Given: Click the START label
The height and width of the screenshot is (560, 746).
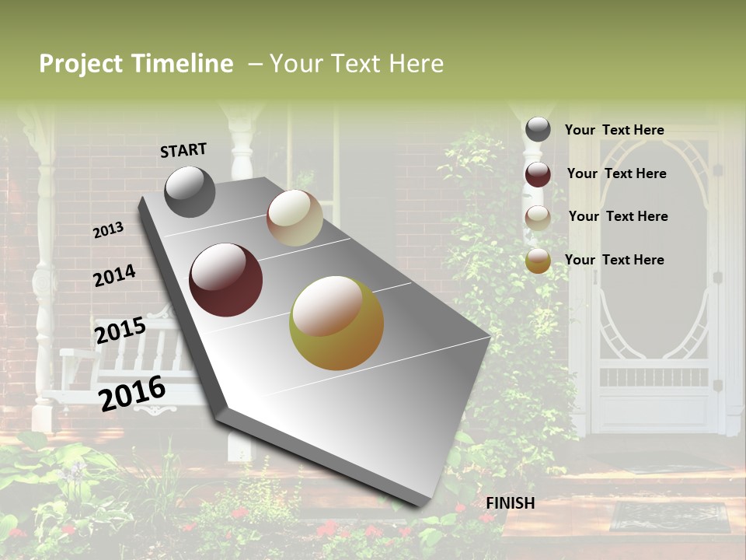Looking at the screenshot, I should pyautogui.click(x=183, y=150).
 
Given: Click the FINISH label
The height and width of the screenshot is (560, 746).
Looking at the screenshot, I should pyautogui.click(x=510, y=503).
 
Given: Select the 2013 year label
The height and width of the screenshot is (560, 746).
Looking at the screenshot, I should pyautogui.click(x=108, y=230).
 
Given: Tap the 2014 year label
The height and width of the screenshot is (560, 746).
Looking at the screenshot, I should pyautogui.click(x=114, y=275).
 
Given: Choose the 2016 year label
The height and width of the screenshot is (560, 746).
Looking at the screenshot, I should pyautogui.click(x=132, y=394).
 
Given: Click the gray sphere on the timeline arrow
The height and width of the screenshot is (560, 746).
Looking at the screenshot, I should pyautogui.click(x=190, y=191).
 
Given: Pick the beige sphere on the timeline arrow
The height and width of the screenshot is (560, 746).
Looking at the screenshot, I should pyautogui.click(x=295, y=218).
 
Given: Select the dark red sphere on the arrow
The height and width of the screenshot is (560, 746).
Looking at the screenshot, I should pyautogui.click(x=225, y=280).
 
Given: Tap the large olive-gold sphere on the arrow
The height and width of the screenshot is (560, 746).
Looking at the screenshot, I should pyautogui.click(x=336, y=323).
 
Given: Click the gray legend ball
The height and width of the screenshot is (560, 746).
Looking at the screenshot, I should pyautogui.click(x=538, y=129).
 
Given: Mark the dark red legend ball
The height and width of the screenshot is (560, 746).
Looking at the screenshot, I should pyautogui.click(x=538, y=174).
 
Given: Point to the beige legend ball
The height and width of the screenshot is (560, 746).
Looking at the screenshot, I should pyautogui.click(x=538, y=218).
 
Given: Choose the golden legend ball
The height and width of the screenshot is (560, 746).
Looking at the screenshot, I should pyautogui.click(x=538, y=261).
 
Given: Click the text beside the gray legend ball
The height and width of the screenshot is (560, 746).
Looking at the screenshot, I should pyautogui.click(x=614, y=130).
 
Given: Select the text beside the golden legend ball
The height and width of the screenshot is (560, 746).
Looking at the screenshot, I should pyautogui.click(x=614, y=260).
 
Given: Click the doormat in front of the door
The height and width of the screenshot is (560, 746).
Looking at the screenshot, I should pyautogui.click(x=669, y=517).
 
